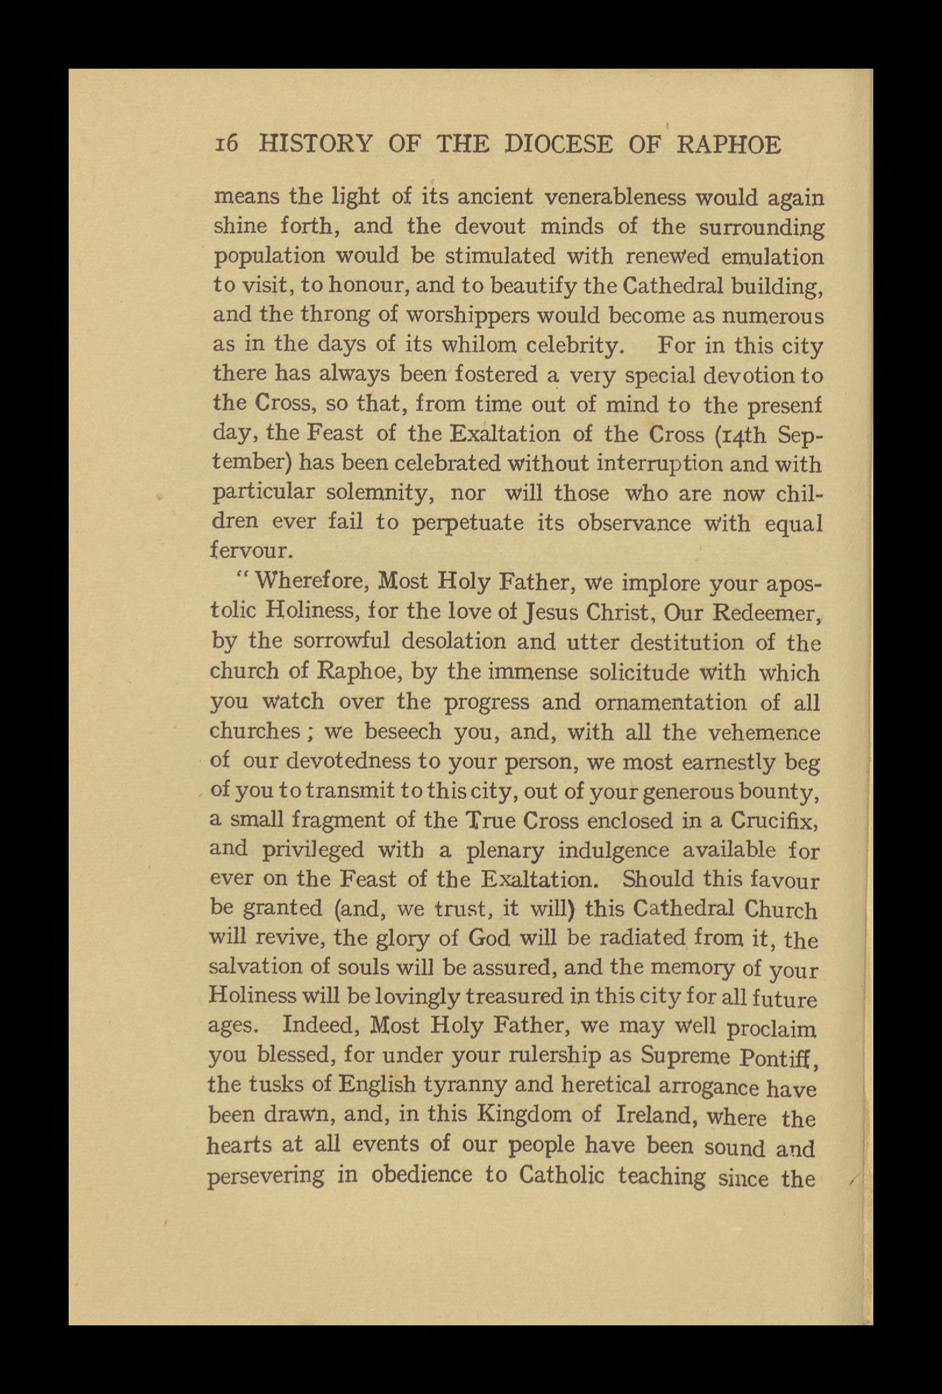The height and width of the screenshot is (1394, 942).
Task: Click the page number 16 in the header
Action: (x=227, y=145)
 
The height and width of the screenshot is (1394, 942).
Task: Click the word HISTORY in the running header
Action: (x=314, y=145)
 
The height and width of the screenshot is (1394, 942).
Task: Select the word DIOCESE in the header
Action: (x=559, y=145)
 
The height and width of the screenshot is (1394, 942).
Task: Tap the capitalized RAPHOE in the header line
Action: (x=728, y=145)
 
